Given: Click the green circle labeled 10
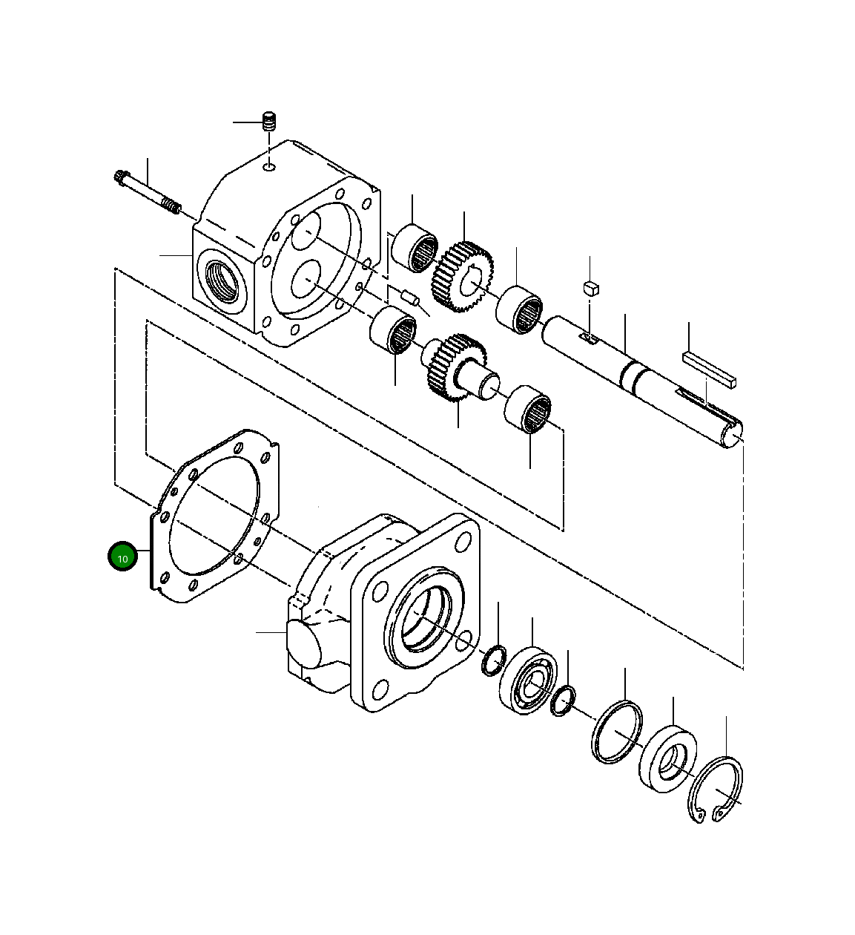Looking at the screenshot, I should (122, 557).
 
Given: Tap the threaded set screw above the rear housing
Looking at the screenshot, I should (270, 122).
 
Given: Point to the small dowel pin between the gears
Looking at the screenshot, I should (410, 298).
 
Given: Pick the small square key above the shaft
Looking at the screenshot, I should (590, 288).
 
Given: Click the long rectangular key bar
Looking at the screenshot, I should (710, 369).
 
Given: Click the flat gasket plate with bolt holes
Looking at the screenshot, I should (215, 516).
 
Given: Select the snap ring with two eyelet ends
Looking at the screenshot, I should (716, 790).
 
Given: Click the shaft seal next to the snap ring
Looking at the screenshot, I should (667, 758).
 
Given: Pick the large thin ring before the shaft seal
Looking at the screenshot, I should (616, 732).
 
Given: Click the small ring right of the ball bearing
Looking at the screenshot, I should (564, 701).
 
